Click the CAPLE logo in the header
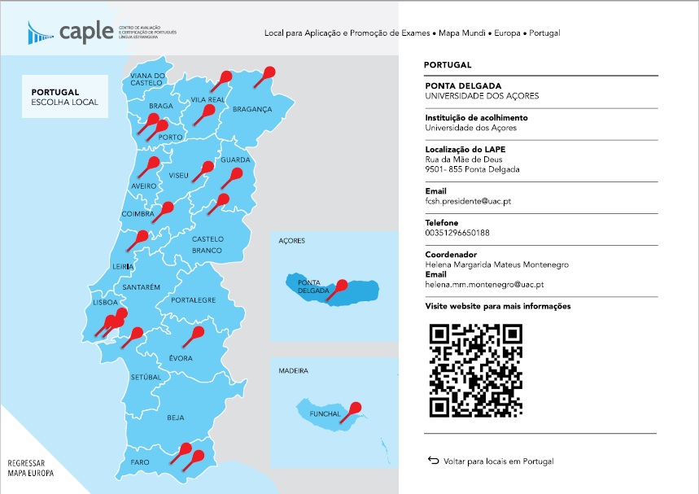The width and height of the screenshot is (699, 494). (73, 33)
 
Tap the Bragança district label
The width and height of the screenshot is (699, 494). (252, 108)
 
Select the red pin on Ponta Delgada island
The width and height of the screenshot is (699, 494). (341, 286)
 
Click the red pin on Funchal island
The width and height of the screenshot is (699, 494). (355, 409)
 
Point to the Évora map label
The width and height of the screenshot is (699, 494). (180, 358)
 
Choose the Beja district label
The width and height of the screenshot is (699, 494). (175, 417)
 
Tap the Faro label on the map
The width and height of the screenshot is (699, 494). (139, 462)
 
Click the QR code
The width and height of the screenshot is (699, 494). (476, 369)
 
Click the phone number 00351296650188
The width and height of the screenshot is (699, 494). (457, 233)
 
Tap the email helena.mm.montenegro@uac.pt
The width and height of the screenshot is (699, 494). (484, 285)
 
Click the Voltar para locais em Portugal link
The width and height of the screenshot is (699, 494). (498, 461)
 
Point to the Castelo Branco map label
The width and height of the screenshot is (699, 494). (207, 245)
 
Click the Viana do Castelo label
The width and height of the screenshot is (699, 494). (147, 79)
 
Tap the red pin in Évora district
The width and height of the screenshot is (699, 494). (197, 333)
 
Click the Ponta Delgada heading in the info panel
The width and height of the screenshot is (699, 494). (463, 85)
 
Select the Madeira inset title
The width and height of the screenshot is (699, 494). (293, 371)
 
